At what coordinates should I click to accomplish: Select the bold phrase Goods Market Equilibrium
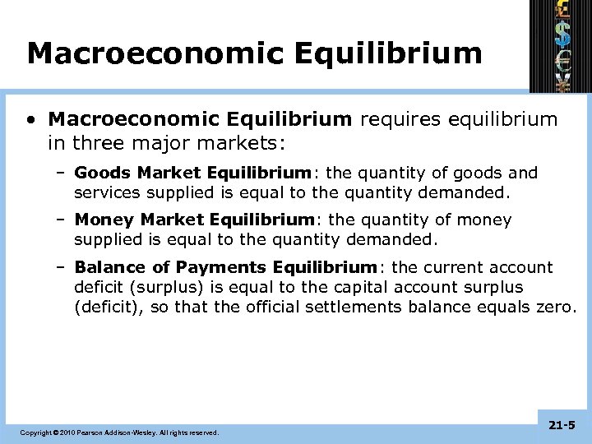click(192, 173)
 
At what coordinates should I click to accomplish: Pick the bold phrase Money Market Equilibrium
click(195, 220)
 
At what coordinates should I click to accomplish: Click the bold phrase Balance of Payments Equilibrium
click(225, 267)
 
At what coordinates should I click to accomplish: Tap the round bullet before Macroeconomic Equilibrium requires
click(30, 121)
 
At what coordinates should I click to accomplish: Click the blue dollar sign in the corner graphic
click(562, 34)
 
